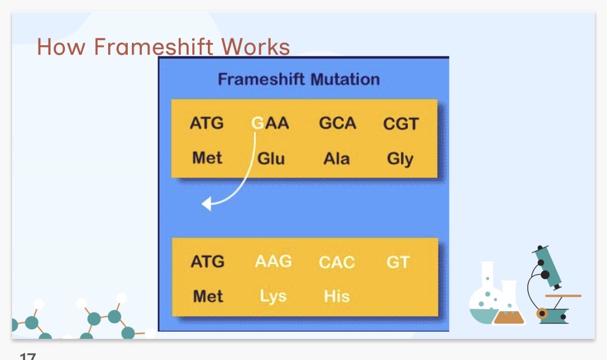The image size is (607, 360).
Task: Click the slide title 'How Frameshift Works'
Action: point(163,47)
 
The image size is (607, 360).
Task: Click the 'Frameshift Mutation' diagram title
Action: point(298,79)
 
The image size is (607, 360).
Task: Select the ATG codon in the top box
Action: point(206,123)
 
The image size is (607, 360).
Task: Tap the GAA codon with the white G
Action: point(270,123)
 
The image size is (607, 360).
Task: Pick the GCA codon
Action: point(337,123)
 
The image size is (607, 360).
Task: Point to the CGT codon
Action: point(401,124)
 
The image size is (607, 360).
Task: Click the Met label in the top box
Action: point(207,158)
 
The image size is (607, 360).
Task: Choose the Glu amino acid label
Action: point(271,159)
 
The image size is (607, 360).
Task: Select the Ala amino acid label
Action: point(336,159)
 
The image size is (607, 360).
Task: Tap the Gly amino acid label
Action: point(400,159)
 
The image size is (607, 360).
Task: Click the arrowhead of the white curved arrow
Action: point(206,204)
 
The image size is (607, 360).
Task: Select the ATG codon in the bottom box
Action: point(207,262)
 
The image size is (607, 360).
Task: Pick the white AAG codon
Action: point(273,261)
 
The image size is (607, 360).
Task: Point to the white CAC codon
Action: point(337,262)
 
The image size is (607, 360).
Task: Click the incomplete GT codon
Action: point(398,262)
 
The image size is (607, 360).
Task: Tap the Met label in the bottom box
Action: point(208,296)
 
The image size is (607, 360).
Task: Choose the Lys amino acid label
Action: point(273,296)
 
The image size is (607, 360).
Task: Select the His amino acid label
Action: point(337,296)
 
